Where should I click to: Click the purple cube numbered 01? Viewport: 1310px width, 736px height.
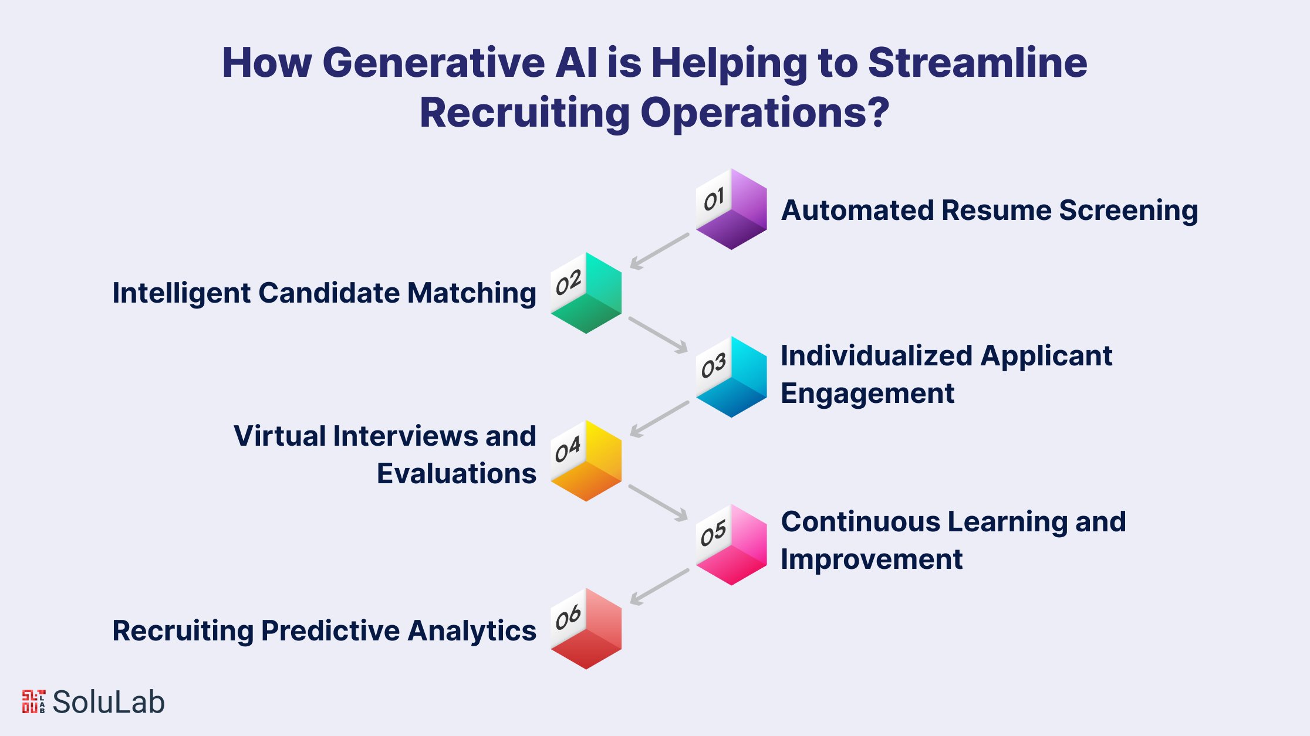[731, 209]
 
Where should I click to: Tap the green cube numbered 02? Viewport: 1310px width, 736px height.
[586, 293]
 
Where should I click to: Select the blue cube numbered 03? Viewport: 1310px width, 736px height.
[731, 377]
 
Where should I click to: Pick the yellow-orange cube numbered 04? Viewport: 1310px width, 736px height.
[586, 461]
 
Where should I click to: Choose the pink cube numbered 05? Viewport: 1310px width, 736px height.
[731, 545]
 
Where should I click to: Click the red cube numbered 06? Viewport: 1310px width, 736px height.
[586, 629]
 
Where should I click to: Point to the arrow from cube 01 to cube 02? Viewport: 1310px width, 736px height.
[659, 252]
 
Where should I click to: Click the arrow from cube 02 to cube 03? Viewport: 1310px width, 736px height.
[659, 335]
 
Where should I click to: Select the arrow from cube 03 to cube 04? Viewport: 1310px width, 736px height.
[659, 419]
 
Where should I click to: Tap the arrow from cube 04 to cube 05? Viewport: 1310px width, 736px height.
[659, 503]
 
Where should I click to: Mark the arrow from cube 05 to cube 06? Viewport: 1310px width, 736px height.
[659, 587]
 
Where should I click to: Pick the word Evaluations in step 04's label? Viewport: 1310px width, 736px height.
[457, 473]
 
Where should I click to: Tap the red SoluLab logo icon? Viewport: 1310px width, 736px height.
[33, 702]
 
